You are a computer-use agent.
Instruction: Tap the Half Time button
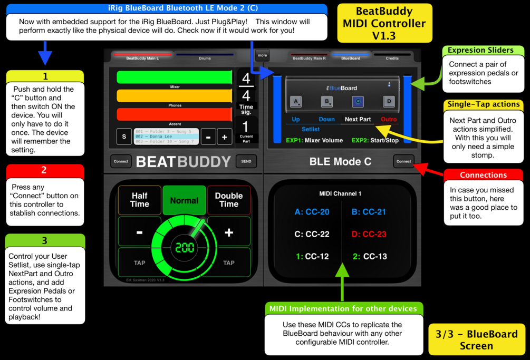coord(139,200)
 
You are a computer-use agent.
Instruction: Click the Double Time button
coord(228,200)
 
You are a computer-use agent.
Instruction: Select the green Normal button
coord(184,200)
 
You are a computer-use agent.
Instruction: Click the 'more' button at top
coord(262,55)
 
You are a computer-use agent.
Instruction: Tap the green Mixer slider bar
coord(174,77)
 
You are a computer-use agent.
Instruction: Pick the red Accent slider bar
coord(174,114)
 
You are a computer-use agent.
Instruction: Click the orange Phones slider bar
coord(174,96)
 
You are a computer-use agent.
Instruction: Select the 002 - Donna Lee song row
coord(166,137)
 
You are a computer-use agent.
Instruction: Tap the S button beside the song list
coord(124,137)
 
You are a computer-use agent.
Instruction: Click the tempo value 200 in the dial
coord(185,247)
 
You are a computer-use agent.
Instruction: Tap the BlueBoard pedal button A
coord(296,101)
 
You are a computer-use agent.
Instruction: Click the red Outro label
coord(389,119)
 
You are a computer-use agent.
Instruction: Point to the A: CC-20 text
coord(312,212)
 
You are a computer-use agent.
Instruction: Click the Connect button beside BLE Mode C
coord(403,161)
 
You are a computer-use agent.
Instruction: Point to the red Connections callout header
coord(483,175)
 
